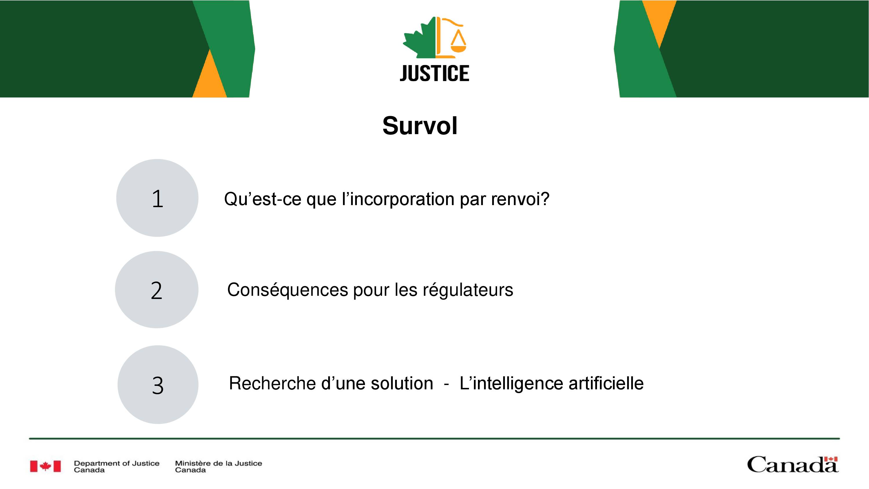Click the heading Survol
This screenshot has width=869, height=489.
(x=420, y=125)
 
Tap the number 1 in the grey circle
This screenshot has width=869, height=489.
(x=158, y=198)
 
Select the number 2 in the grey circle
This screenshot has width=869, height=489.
(x=156, y=291)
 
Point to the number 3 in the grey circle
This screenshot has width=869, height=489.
(x=158, y=385)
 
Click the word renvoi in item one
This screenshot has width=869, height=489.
(x=520, y=199)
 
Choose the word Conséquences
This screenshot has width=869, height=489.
(x=287, y=290)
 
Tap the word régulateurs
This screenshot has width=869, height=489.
(x=468, y=290)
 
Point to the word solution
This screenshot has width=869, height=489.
(x=402, y=383)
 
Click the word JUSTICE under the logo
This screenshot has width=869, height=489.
(x=434, y=73)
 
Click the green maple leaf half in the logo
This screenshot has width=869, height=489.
(x=418, y=38)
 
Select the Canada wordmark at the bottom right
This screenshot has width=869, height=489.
(x=793, y=465)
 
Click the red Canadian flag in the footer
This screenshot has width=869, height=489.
(x=45, y=466)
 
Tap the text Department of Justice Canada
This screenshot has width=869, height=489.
(x=117, y=466)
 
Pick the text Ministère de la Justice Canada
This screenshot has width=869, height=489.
(x=218, y=466)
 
